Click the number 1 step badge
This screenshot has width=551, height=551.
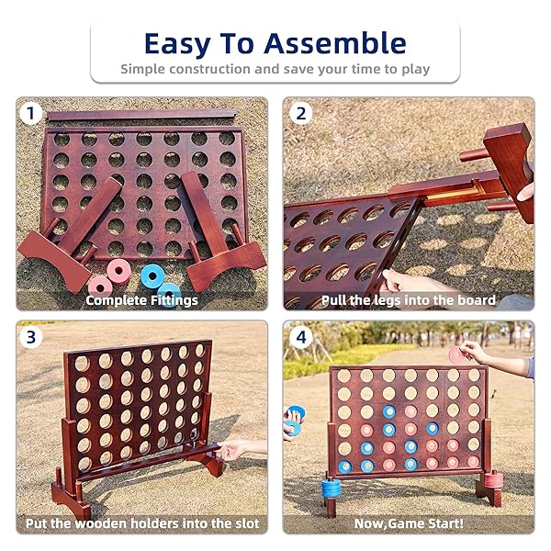(x=33, y=114)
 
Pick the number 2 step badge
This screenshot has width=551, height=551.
(x=300, y=114)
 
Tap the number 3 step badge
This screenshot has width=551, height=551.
(x=33, y=336)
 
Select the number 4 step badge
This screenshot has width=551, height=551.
(x=300, y=336)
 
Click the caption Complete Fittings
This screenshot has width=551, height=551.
(x=141, y=300)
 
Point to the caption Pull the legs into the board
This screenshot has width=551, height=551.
(x=409, y=300)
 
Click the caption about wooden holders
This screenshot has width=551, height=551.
(x=142, y=523)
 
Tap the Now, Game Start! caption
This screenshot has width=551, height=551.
(x=409, y=523)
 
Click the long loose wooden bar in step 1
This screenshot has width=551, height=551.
(x=141, y=115)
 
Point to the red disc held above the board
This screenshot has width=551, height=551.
(x=455, y=353)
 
